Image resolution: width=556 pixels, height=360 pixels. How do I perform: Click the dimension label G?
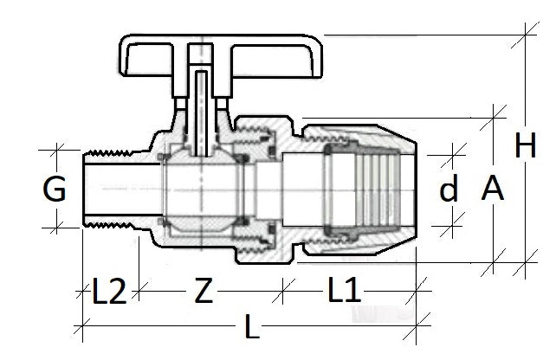(54, 189)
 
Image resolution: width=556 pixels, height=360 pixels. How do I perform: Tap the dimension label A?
(492, 187)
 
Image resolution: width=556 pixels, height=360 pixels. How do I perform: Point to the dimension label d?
(449, 190)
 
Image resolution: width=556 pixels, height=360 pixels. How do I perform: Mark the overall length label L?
(251, 329)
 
